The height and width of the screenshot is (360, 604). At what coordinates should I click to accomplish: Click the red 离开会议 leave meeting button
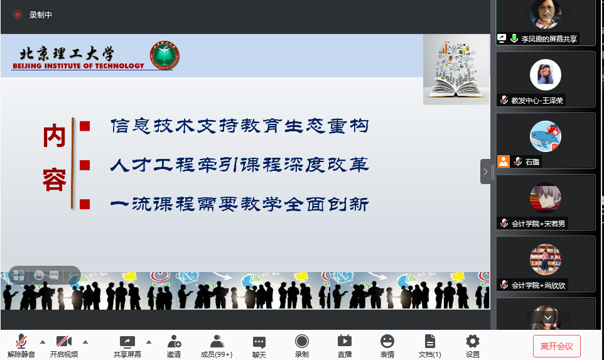557,346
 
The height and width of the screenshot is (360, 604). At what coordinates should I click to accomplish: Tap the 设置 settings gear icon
473,341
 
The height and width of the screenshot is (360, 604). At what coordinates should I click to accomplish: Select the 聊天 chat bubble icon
259,342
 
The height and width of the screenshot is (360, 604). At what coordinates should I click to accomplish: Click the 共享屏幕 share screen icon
127,342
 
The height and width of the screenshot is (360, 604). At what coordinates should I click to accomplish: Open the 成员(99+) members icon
217,341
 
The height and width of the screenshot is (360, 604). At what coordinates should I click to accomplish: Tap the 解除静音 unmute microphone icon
21,341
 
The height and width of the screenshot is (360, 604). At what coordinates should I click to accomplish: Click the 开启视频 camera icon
64,341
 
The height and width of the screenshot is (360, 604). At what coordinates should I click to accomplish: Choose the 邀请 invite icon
174,341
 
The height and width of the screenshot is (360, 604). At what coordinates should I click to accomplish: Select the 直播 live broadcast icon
344,341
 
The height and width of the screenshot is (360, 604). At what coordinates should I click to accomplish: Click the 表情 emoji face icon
387,341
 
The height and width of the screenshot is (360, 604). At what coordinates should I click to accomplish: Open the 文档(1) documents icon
430,341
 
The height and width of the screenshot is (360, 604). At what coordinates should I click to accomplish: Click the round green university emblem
164,55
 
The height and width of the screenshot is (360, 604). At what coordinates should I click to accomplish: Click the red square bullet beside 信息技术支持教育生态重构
85,126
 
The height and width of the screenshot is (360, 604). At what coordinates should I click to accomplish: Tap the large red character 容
55,180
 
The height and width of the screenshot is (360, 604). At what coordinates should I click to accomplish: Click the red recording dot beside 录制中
18,14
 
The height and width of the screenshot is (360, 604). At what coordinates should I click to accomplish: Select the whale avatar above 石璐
546,136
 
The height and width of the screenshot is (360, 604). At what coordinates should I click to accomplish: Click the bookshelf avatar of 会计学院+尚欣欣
546,259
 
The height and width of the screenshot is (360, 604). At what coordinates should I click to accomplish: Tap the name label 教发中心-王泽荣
537,101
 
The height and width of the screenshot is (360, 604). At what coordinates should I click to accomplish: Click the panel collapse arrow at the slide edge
485,172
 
